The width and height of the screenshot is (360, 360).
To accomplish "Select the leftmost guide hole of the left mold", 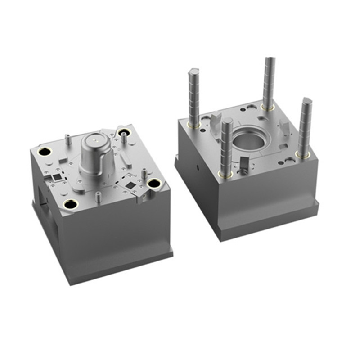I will [x=44, y=152].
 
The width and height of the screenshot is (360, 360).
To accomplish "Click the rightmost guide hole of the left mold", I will [x=154, y=183].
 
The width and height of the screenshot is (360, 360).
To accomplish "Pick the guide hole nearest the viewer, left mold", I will [x=71, y=204].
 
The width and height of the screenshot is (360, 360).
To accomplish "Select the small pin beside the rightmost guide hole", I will [x=144, y=174].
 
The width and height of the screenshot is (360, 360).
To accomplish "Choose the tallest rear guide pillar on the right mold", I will [x=269, y=83].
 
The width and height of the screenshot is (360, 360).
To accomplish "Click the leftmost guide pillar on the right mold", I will [x=193, y=97].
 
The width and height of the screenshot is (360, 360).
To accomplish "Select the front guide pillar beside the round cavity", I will [x=226, y=146].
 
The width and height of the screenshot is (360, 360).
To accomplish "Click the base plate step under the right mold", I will [x=270, y=220].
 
